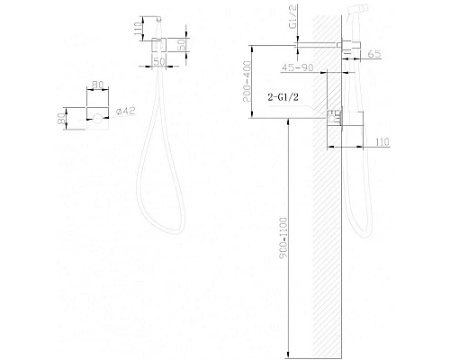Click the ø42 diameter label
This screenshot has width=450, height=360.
point(129,112)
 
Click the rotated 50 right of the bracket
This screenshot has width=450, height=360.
point(183,43)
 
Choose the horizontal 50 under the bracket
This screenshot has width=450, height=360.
point(158,61)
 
